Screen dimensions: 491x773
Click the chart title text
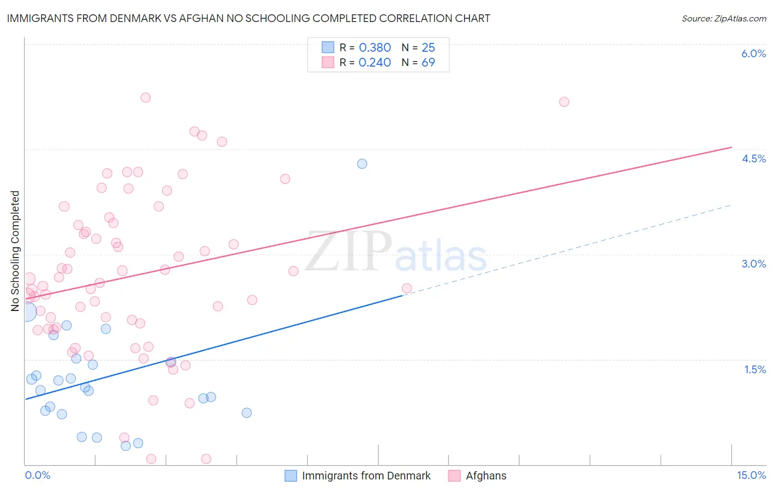pyautogui.click(x=248, y=18)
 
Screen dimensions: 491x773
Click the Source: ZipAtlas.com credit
pyautogui.click(x=724, y=18)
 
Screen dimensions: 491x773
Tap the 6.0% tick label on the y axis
pyautogui.click(x=753, y=53)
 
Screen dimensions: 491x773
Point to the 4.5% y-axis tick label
pyautogui.click(x=753, y=159)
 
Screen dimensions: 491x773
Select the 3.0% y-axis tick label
pyautogui.click(x=753, y=264)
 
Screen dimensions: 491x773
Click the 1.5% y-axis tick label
pyautogui.click(x=755, y=369)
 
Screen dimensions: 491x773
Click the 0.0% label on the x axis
pyautogui.click(x=37, y=475)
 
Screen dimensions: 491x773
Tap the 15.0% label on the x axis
pyautogui.click(x=751, y=475)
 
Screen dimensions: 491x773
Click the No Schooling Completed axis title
pyautogui.click(x=15, y=251)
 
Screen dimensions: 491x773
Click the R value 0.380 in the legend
pyautogui.click(x=375, y=47)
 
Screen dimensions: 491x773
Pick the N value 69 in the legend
pyautogui.click(x=428, y=62)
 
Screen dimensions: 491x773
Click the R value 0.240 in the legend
pyautogui.click(x=375, y=62)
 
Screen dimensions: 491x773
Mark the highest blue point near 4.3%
pyautogui.click(x=362, y=163)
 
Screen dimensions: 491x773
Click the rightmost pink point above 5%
pyautogui.click(x=564, y=102)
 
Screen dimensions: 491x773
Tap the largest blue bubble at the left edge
pyautogui.click(x=26, y=311)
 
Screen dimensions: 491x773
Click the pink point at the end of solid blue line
pyautogui.click(x=407, y=288)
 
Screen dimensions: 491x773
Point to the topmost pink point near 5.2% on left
pyautogui.click(x=146, y=97)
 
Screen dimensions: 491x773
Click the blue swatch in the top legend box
pyautogui.click(x=328, y=47)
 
